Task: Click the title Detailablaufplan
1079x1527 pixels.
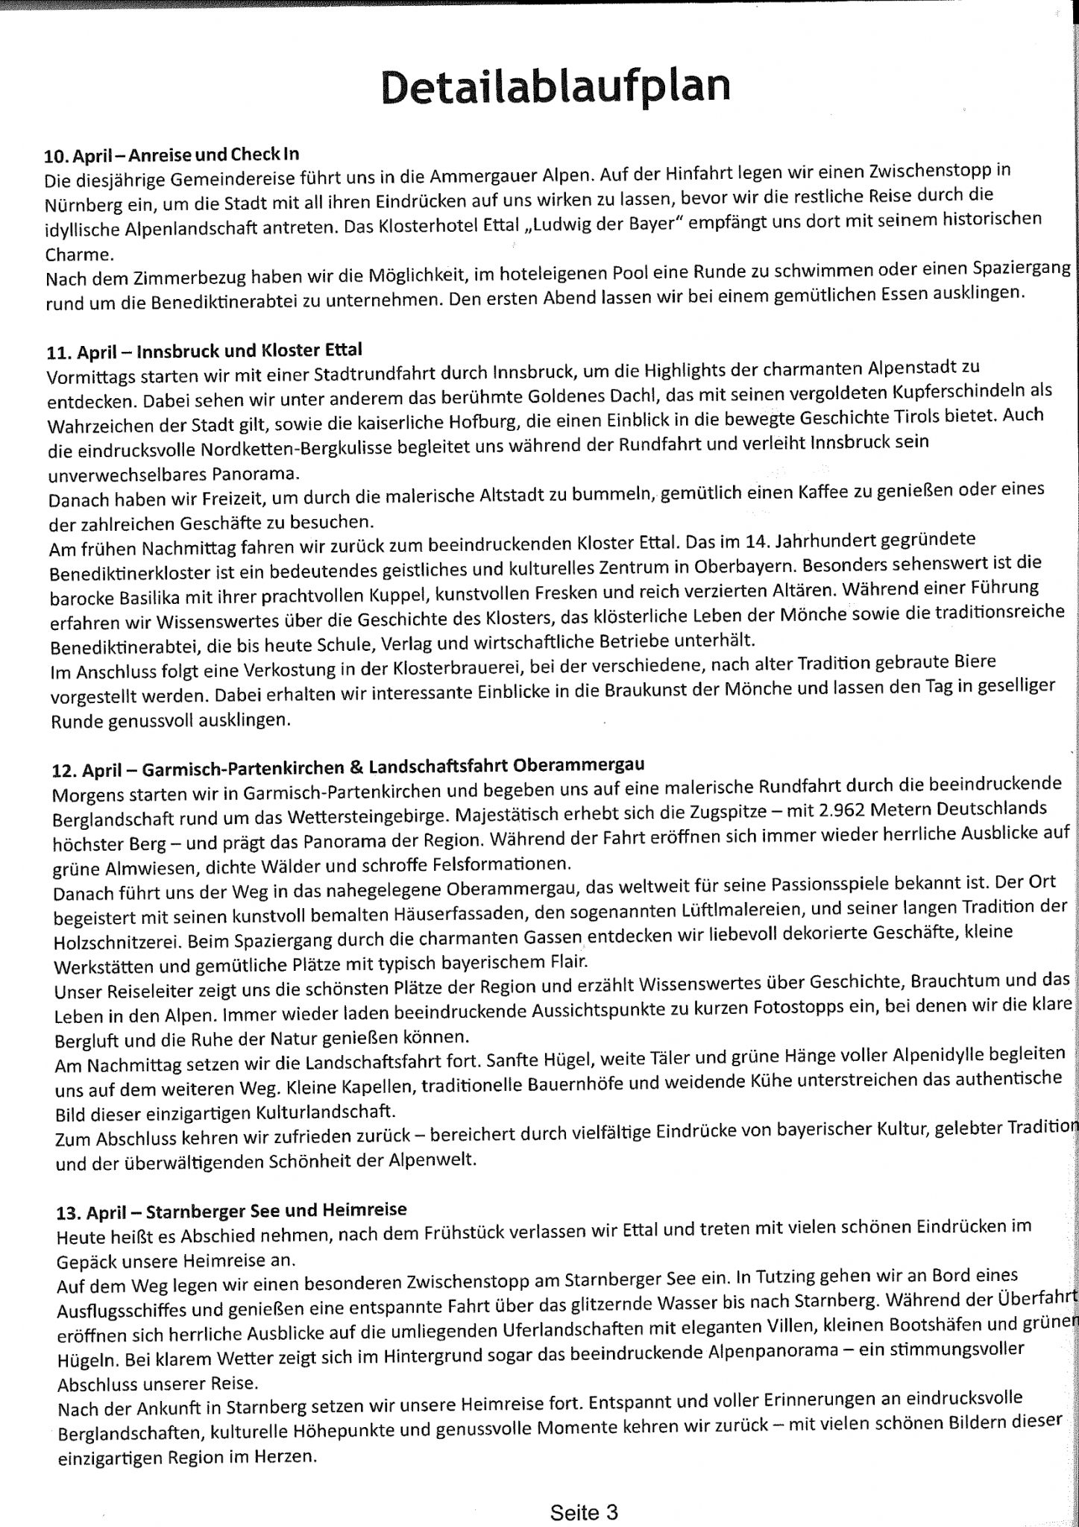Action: (x=556, y=86)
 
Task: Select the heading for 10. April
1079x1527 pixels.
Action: (x=172, y=155)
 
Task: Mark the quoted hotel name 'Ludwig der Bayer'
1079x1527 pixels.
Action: (x=604, y=224)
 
